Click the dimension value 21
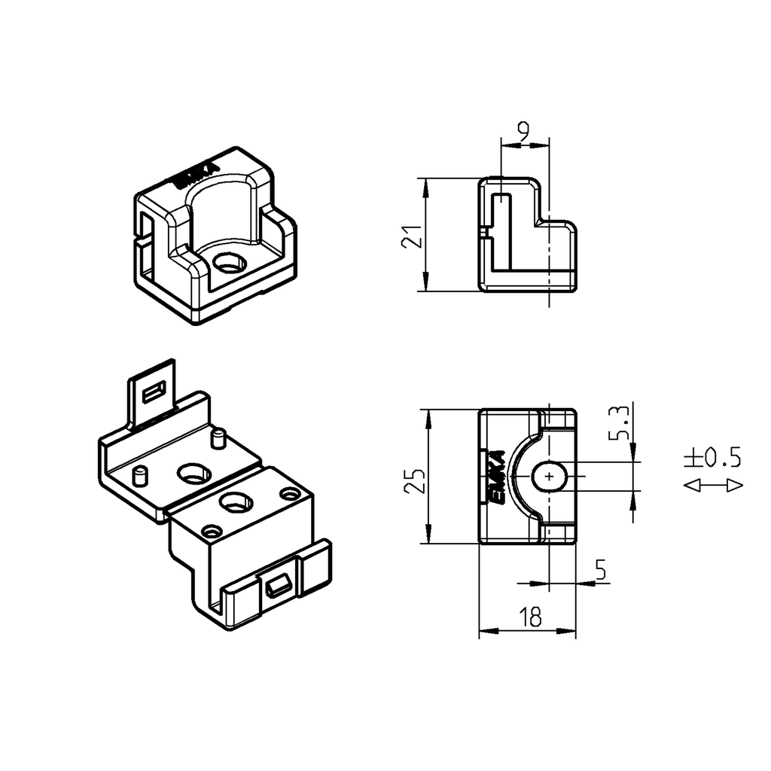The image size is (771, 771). (x=411, y=235)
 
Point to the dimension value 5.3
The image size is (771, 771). (x=621, y=424)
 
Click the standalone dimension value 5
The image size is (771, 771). (x=600, y=571)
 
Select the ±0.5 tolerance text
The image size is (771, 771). (x=712, y=457)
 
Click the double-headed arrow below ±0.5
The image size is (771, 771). (x=713, y=486)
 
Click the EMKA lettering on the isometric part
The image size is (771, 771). (x=196, y=175)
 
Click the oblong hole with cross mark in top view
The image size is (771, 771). (x=551, y=477)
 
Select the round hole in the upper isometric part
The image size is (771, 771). (x=229, y=264)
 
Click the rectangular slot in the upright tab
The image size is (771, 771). (x=155, y=391)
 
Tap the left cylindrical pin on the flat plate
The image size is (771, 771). (x=139, y=477)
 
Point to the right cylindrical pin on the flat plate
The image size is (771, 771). (x=218, y=438)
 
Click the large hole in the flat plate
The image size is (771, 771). (x=194, y=474)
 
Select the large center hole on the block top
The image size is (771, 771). (x=236, y=501)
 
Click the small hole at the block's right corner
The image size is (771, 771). (x=289, y=494)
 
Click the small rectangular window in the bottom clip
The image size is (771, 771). (x=278, y=586)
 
